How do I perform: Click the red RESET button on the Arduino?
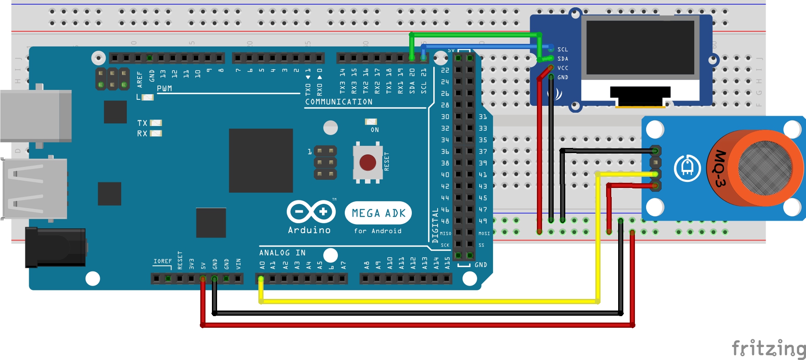(x=368, y=163)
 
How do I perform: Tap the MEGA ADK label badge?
(x=378, y=213)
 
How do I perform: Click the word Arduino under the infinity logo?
(x=310, y=230)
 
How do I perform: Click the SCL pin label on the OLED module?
(x=563, y=49)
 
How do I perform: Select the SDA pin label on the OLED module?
(x=563, y=59)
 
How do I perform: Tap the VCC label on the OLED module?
(x=563, y=68)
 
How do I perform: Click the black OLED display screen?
(x=640, y=47)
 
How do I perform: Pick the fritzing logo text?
(x=768, y=348)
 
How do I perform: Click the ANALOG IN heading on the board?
(x=282, y=253)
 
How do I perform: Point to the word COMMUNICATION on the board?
(x=339, y=102)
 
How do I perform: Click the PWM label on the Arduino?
(x=164, y=89)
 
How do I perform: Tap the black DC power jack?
(x=55, y=247)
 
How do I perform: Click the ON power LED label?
(x=375, y=130)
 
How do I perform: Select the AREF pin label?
(x=139, y=80)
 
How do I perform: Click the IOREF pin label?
(x=162, y=261)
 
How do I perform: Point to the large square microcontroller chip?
(x=261, y=160)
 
